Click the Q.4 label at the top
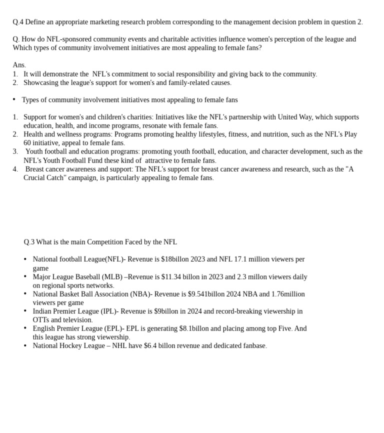coord(18,22)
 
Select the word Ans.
coord(19,65)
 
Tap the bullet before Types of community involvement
coord(14,99)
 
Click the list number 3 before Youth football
coord(15,151)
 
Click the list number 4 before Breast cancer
coord(15,169)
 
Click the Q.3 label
coord(29,242)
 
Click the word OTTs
coord(40,320)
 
